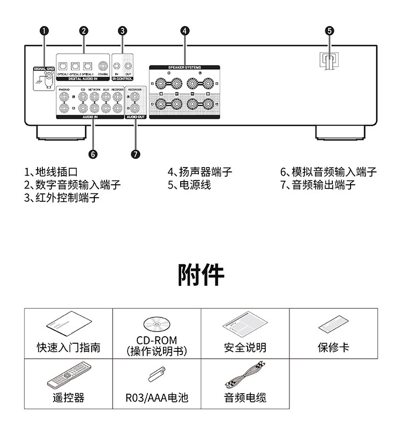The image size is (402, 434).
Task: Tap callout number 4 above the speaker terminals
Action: [x=184, y=31]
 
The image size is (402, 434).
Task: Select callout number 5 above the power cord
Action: [x=329, y=31]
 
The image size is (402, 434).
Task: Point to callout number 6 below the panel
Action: [x=93, y=154]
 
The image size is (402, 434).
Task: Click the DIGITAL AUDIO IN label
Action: [x=83, y=78]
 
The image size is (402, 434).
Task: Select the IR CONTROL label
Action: [x=124, y=78]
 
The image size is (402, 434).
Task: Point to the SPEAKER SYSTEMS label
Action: [x=184, y=68]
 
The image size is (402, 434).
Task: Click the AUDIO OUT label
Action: [x=135, y=116]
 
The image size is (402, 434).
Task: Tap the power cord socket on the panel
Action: [x=329, y=59]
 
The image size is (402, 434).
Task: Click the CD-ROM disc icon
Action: [x=156, y=324]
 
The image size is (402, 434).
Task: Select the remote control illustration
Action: [x=68, y=375]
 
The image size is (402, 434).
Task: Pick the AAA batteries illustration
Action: [x=157, y=374]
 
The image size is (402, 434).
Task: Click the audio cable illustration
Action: [x=244, y=375]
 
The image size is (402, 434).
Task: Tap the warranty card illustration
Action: [x=333, y=324]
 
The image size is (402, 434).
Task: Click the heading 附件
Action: [x=201, y=274]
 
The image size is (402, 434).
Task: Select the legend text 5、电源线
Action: [x=189, y=185]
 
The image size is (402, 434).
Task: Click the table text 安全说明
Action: [x=245, y=348]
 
